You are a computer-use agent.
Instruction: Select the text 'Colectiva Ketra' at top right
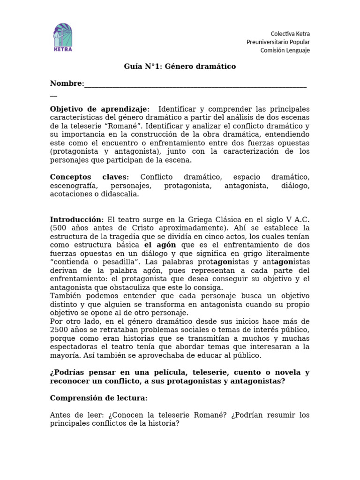[290, 34]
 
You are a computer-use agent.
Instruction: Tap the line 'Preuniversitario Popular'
[278, 42]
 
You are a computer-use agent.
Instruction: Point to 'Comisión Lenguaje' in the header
[285, 51]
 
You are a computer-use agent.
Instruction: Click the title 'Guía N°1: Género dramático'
[180, 67]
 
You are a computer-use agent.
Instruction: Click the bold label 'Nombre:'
[67, 83]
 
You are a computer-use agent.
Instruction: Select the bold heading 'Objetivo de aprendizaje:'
[100, 109]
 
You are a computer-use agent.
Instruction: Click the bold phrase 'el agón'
[160, 245]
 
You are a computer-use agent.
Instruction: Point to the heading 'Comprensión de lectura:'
[98, 398]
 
